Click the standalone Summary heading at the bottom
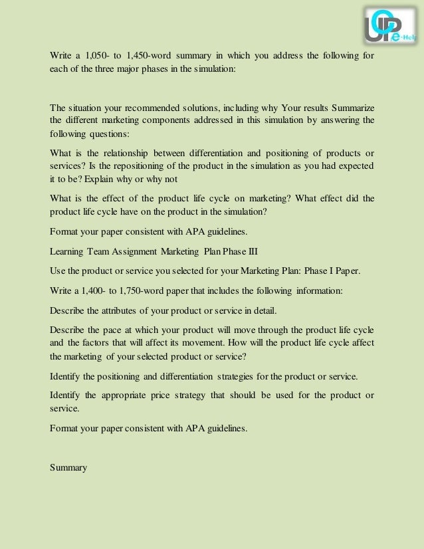point(68,467)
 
